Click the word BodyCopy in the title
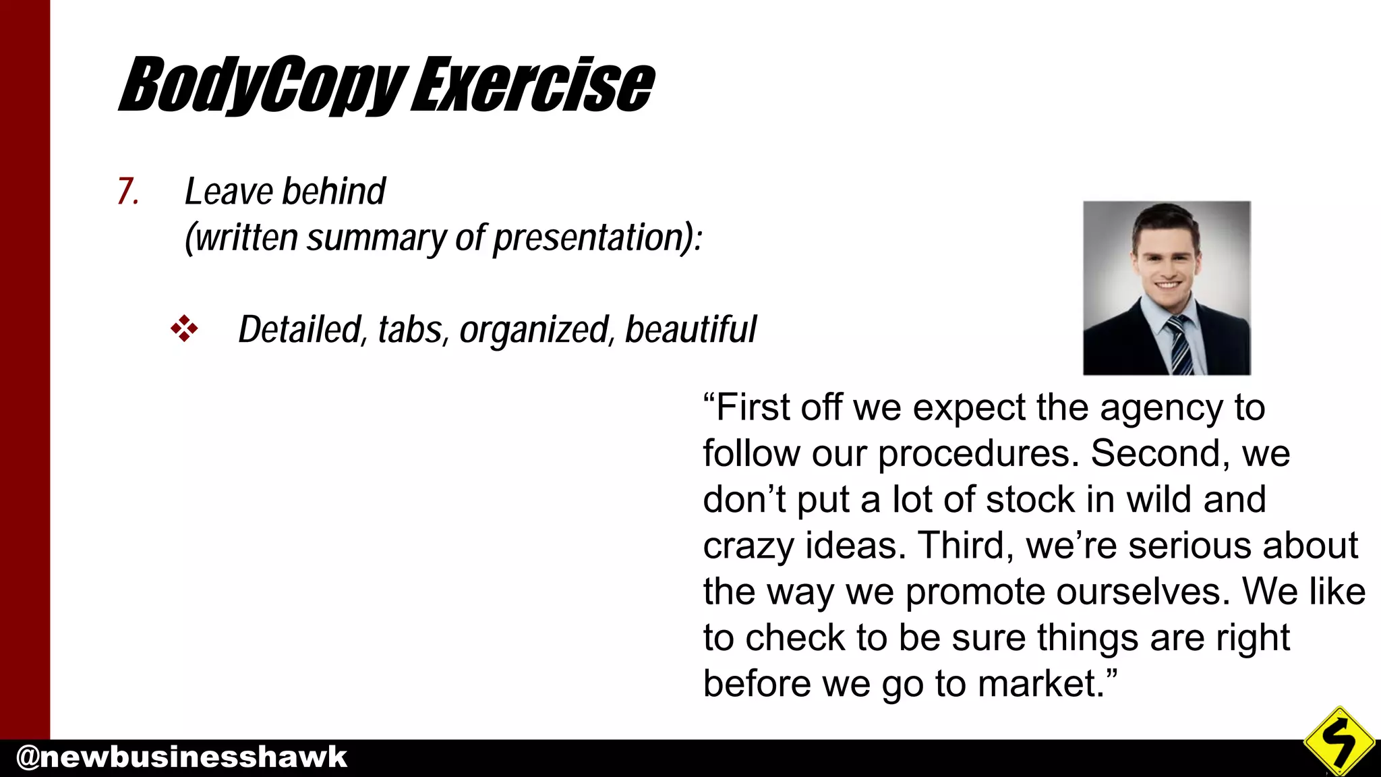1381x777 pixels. [263, 86]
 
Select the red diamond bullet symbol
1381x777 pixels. [184, 329]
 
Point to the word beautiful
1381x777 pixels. [690, 330]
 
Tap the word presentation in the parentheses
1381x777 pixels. [587, 239]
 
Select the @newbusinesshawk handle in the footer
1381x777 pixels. [181, 757]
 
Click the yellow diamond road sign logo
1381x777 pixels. [1339, 741]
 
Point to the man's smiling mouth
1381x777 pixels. [1167, 285]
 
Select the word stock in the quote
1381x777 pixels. [1030, 500]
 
